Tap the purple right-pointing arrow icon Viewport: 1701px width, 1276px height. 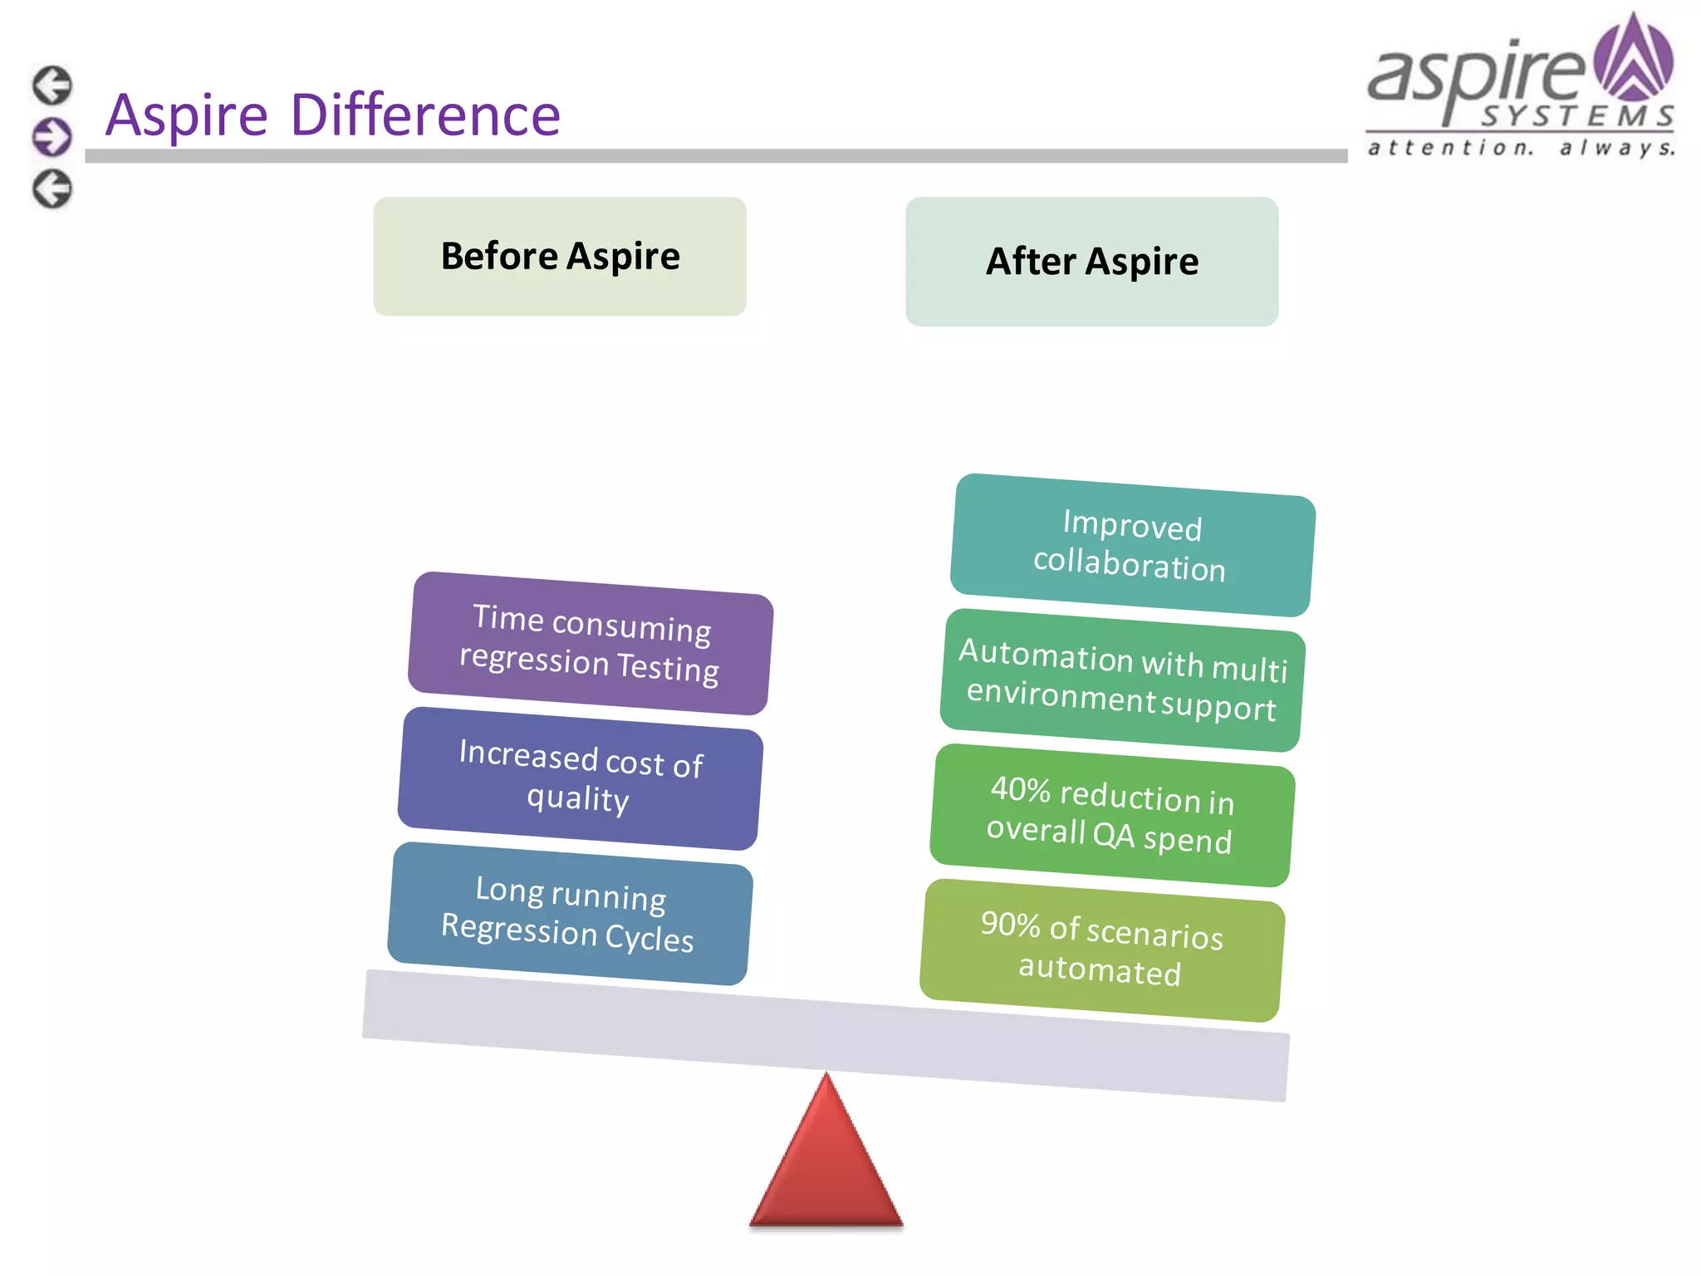pyautogui.click(x=52, y=137)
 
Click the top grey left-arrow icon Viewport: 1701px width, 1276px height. pyautogui.click(x=52, y=85)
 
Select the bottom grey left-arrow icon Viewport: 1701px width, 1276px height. pyautogui.click(x=52, y=189)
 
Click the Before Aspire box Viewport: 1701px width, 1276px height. pyautogui.click(x=560, y=256)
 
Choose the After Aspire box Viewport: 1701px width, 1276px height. pyautogui.click(x=1091, y=262)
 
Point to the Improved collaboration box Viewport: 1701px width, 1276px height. pyautogui.click(x=1131, y=546)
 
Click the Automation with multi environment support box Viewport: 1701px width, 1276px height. pyautogui.click(x=1121, y=680)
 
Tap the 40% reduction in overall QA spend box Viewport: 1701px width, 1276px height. pyautogui.click(x=1111, y=815)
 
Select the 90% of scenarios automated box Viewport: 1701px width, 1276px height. pyautogui.click(x=1101, y=950)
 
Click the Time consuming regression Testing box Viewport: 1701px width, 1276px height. pyautogui.click(x=590, y=643)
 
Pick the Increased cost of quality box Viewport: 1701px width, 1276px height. pyautogui.click(x=580, y=778)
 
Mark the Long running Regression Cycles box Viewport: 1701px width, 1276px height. pyautogui.click(x=570, y=914)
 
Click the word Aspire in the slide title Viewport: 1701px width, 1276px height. pyautogui.click(x=187, y=116)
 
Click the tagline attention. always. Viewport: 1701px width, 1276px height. pyautogui.click(x=1520, y=148)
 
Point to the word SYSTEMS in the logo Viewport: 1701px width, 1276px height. pyautogui.click(x=1576, y=116)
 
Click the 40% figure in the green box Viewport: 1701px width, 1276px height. pyautogui.click(x=1021, y=789)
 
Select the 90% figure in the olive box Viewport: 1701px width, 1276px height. pyautogui.click(x=1010, y=924)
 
